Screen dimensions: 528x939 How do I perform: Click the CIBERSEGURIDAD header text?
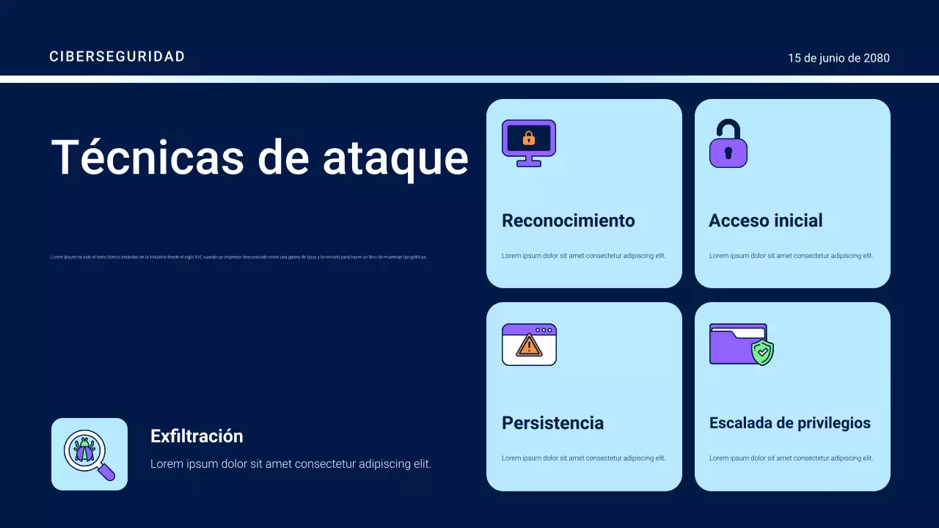117,56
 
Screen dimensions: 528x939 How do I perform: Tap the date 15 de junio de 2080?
838,58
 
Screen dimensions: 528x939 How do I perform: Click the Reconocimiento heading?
569,221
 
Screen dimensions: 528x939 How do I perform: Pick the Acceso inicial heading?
766,221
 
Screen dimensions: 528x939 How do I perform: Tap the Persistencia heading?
552,423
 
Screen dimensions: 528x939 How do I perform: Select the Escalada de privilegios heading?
790,423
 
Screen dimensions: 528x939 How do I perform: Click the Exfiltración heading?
197,436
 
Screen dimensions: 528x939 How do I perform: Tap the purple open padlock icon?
728,144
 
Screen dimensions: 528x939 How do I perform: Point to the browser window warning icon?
529,345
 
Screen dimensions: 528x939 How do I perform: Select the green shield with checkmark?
763,353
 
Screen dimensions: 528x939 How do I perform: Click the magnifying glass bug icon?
89,454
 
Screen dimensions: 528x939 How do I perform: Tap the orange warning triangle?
528,345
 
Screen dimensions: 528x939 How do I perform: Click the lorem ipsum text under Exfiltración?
291,464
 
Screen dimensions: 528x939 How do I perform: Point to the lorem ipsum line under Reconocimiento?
583,256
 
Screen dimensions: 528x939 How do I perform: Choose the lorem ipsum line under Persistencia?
583,458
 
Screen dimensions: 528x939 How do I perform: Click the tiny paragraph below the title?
238,257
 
